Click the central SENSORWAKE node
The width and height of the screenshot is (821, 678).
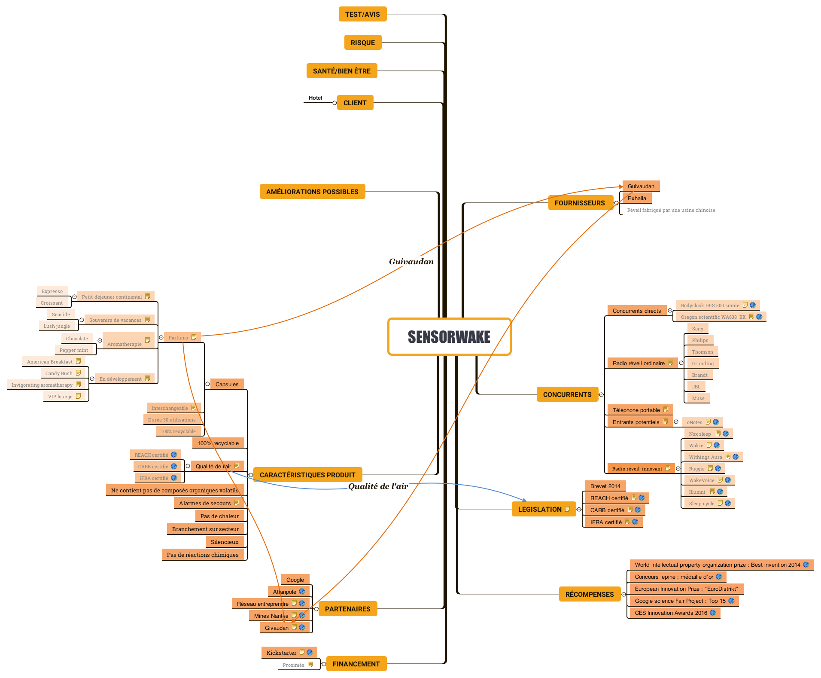449,337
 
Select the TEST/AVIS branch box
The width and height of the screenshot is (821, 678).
362,14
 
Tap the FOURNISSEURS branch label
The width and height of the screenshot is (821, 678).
579,203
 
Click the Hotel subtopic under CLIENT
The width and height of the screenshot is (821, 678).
315,98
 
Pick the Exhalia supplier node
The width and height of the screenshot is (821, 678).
636,198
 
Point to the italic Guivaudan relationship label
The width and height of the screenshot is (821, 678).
411,261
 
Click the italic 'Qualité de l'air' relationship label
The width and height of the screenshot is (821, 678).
378,486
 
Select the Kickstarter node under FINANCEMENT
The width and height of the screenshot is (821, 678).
281,653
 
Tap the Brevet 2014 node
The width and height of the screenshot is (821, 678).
605,486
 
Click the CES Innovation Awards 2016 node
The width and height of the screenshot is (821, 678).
671,613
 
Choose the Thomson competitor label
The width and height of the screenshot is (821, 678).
702,352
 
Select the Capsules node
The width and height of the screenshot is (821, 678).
227,384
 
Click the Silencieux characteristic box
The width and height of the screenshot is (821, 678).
225,542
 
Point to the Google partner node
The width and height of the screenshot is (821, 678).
295,580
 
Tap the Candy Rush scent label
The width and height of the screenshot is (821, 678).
59,373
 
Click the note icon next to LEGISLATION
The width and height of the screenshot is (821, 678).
567,509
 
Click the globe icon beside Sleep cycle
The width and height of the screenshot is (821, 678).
728,503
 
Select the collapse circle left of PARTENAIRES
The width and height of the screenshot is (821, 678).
316,609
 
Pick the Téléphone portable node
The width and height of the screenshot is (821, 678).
636,410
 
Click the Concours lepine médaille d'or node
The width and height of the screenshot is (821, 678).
674,577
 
